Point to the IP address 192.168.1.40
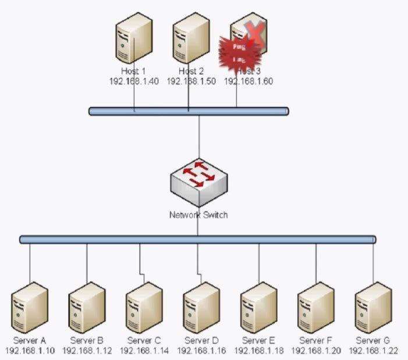(134, 82)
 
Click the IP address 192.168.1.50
(191, 82)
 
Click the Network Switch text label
(198, 215)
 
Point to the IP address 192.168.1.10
(29, 351)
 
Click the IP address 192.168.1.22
(372, 351)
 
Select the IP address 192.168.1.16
(201, 351)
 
